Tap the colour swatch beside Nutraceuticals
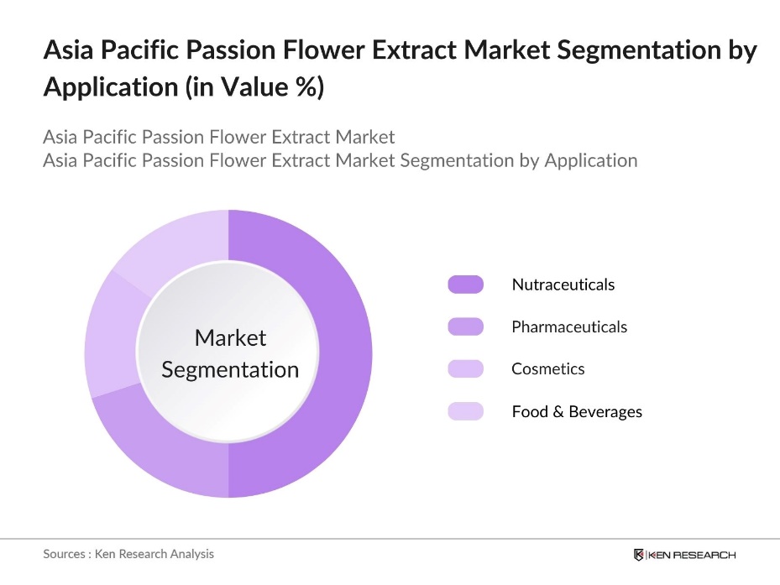pyautogui.click(x=465, y=285)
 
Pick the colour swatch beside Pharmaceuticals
pyautogui.click(x=465, y=326)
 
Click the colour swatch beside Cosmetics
pyautogui.click(x=465, y=368)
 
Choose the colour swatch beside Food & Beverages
pyautogui.click(x=465, y=411)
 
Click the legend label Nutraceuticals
pyautogui.click(x=563, y=285)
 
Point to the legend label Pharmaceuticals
pyautogui.click(x=569, y=326)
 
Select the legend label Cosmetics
pyautogui.click(x=547, y=368)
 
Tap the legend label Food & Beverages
pyautogui.click(x=576, y=411)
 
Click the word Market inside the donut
pyautogui.click(x=230, y=337)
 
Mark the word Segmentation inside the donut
pyautogui.click(x=230, y=369)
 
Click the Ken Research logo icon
pyautogui.click(x=639, y=555)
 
